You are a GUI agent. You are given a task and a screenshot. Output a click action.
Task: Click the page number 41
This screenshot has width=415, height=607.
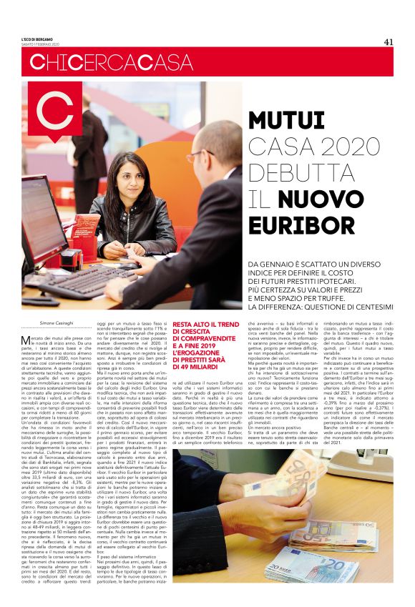[389, 41]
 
